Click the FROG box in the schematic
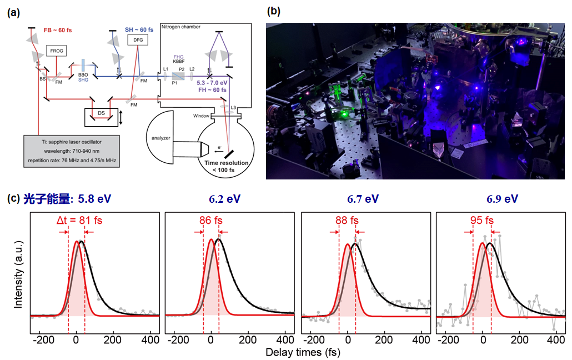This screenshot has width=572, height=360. coord(57,51)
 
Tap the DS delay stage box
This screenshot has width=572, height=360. coord(101,113)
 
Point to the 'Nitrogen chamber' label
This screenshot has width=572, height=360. coord(180,27)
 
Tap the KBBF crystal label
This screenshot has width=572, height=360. coord(179,62)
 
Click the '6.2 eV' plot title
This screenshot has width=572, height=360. coord(224,199)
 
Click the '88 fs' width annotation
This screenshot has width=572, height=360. coord(347,221)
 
